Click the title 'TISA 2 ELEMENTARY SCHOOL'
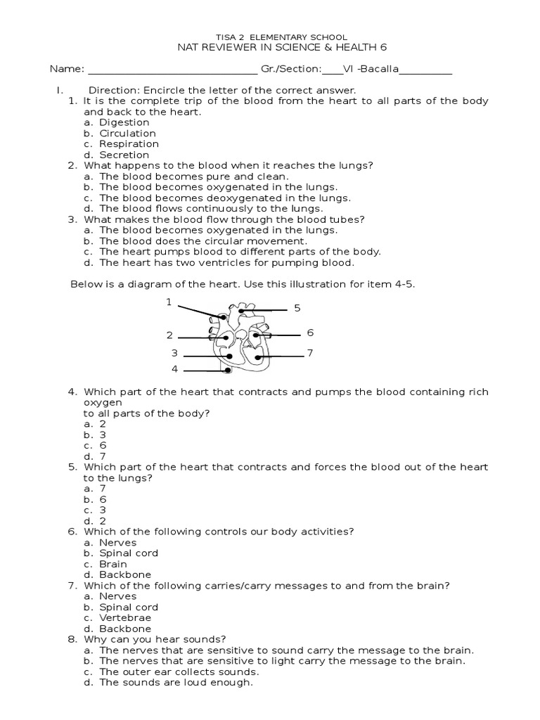click(270, 36)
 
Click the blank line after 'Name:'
click(172, 70)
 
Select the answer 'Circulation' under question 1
click(127, 133)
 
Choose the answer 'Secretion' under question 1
click(124, 155)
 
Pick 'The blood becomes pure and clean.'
click(193, 176)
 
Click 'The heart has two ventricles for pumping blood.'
click(226, 263)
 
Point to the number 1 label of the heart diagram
click(169, 302)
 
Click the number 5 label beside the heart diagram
click(297, 308)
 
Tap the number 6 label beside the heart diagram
click(309, 333)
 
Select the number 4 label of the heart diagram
click(175, 369)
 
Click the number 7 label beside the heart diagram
click(309, 352)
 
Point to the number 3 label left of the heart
click(174, 353)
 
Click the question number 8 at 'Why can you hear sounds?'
click(72, 639)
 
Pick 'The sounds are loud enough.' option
click(176, 683)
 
